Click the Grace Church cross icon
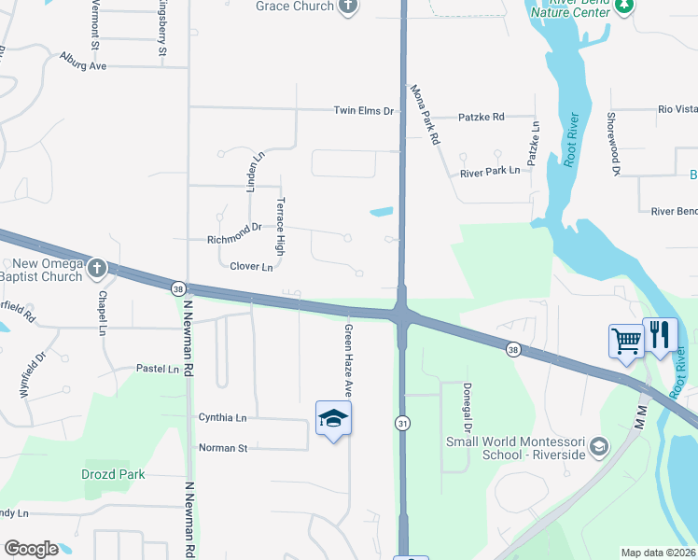coord(348,7)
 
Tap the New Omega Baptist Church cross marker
coord(97,270)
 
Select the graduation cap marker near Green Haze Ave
coord(333,419)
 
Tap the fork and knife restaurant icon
coord(660,334)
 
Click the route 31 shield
coord(401,423)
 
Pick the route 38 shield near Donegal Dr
coord(512,349)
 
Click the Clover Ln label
coord(251,267)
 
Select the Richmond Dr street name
coord(233,239)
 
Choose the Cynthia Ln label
coord(222,417)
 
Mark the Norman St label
coord(223,448)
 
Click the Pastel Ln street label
coord(158,369)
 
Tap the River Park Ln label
coord(490,173)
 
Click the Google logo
coord(31,549)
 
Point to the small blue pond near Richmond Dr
coord(381,212)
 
